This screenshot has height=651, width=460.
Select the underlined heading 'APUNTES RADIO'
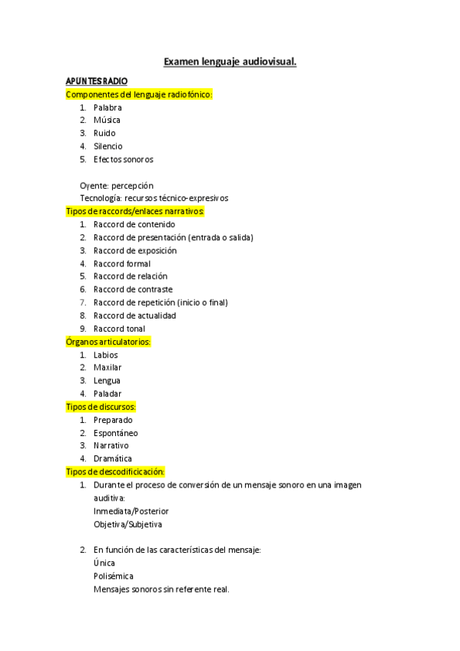coord(97,81)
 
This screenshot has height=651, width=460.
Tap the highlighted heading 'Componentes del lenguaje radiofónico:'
coord(139,94)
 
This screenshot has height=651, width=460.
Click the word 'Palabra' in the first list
coord(108,107)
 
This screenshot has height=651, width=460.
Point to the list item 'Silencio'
coord(108,146)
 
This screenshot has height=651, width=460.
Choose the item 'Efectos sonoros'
coord(123,159)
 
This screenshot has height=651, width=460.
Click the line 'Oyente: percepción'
coord(117,185)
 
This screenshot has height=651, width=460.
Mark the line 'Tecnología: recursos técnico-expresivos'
coord(154,198)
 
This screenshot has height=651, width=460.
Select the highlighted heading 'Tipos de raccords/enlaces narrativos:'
coord(136,210)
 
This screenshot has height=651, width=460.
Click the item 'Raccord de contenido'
coord(134,224)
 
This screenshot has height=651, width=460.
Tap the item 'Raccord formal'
coord(122,263)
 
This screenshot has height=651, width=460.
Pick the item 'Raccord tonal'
coord(119,329)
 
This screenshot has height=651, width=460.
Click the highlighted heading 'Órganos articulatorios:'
coord(108,342)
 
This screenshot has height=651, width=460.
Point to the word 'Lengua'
coord(107,381)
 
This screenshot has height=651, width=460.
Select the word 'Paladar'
coord(108,394)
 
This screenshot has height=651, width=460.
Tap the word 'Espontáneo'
coord(116,433)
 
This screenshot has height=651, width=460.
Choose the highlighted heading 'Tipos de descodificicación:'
coord(116,471)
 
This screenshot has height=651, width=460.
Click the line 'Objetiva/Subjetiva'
coord(128,524)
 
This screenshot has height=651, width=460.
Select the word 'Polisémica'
coord(113,576)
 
